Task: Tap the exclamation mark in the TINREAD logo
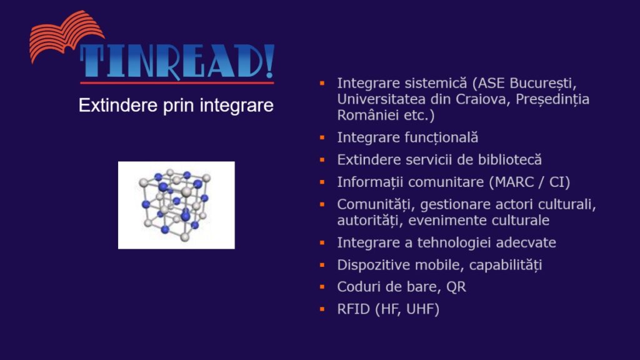tap(269, 61)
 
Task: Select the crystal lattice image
tap(176, 205)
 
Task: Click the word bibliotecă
tap(510, 159)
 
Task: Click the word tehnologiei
tap(458, 243)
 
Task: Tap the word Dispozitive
tap(374, 265)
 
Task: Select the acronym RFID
tap(354, 309)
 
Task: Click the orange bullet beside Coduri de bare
tap(322, 287)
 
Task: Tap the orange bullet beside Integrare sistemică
tap(322, 83)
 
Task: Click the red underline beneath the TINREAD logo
tap(177, 83)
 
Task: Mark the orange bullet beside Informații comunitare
tap(322, 182)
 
